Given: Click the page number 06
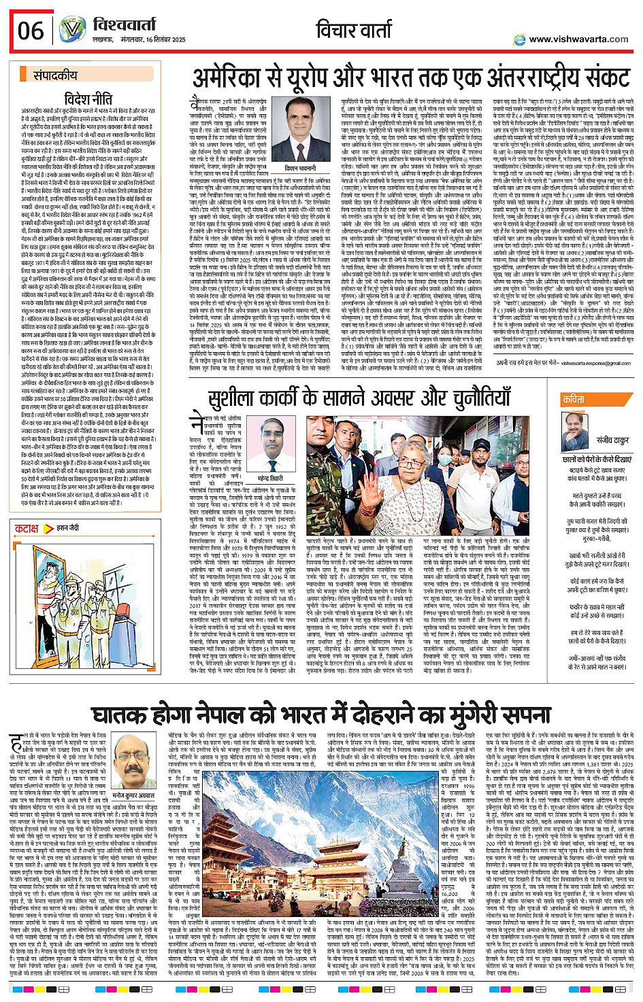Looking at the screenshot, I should (30, 31).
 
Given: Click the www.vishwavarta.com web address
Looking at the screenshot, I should (578, 39).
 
